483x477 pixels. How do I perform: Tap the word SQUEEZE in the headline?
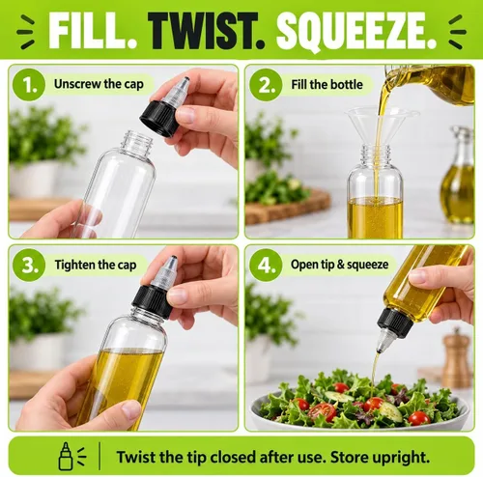356,32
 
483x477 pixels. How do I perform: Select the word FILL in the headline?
93,31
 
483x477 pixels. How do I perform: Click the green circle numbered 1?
29,85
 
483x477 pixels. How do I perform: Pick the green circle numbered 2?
266,85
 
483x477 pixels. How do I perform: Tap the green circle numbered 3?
29,265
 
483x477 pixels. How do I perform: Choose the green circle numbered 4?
266,265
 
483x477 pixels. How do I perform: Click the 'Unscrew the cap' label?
99,84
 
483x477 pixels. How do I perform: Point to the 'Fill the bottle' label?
327,85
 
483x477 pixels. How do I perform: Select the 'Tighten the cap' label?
96,265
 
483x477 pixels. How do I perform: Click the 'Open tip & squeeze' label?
339,265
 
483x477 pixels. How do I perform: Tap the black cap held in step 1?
160,118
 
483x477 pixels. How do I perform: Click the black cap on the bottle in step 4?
395,323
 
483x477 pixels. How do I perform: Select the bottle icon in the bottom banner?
66,456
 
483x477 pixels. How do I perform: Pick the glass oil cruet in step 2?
458,176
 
